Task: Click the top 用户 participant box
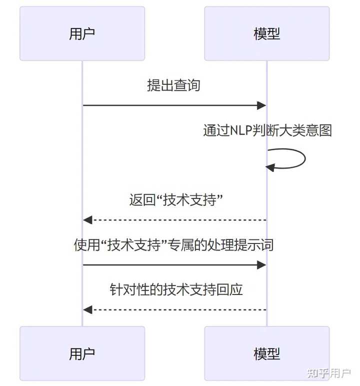click(82, 33)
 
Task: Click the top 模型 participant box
click(266, 33)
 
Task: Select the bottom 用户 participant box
click(82, 353)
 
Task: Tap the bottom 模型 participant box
click(266, 353)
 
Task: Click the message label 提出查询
click(173, 85)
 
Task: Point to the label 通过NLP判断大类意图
click(267, 130)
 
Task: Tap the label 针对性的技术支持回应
click(176, 290)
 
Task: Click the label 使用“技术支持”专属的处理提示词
click(173, 245)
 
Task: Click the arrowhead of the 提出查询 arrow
click(261, 105)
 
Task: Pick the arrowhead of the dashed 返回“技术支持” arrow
click(88, 220)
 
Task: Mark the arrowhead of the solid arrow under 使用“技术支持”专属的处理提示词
click(261, 265)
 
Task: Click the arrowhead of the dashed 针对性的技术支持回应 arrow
click(88, 310)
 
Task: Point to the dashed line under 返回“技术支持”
click(175, 220)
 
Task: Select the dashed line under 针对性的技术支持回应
click(175, 310)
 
